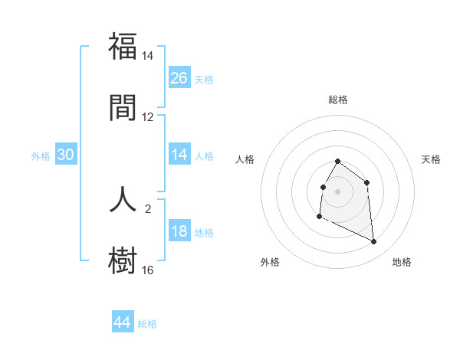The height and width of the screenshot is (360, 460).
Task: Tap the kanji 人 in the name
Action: pos(123,198)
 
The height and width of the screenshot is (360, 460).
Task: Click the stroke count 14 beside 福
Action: pos(148,56)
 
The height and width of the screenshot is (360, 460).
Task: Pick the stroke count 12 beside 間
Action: pos(148,117)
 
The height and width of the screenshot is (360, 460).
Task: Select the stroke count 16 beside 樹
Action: pos(148,270)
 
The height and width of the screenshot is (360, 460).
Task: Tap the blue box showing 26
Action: pos(179,77)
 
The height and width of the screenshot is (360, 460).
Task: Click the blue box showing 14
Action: pos(179,155)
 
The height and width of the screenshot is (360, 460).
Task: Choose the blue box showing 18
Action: pos(179,231)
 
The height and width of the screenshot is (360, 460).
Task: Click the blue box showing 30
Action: pos(66,155)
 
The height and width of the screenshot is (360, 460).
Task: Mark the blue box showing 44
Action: pos(123,322)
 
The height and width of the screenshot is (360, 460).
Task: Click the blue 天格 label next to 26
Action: pos(204,79)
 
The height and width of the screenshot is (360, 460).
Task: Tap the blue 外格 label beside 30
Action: pos(41,156)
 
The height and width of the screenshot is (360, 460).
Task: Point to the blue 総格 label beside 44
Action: pos(147,324)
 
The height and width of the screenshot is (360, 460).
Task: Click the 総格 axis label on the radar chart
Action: pos(338,100)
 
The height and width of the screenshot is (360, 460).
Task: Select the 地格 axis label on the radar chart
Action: pos(402,262)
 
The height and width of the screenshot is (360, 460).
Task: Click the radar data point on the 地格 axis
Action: pos(374,242)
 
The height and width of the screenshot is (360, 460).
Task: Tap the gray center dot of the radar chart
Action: pos(338,190)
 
